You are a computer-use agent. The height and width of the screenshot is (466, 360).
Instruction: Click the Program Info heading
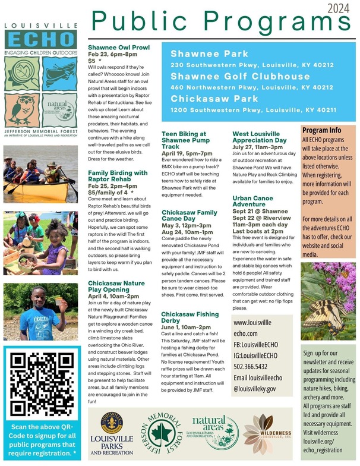[x=321, y=130]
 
